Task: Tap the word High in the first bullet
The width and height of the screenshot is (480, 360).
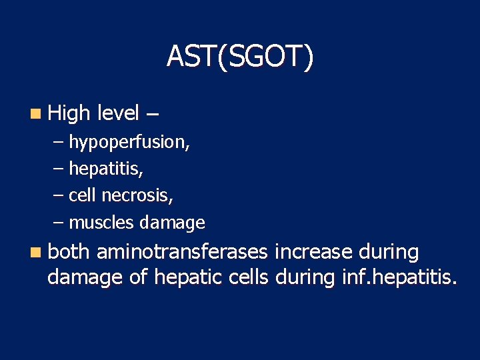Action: [69, 113]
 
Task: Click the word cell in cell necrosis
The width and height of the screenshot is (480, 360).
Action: [82, 195]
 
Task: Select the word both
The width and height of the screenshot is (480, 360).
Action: [69, 252]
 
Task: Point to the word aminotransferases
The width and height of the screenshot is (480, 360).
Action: [182, 252]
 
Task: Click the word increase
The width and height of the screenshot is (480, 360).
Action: [313, 252]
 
